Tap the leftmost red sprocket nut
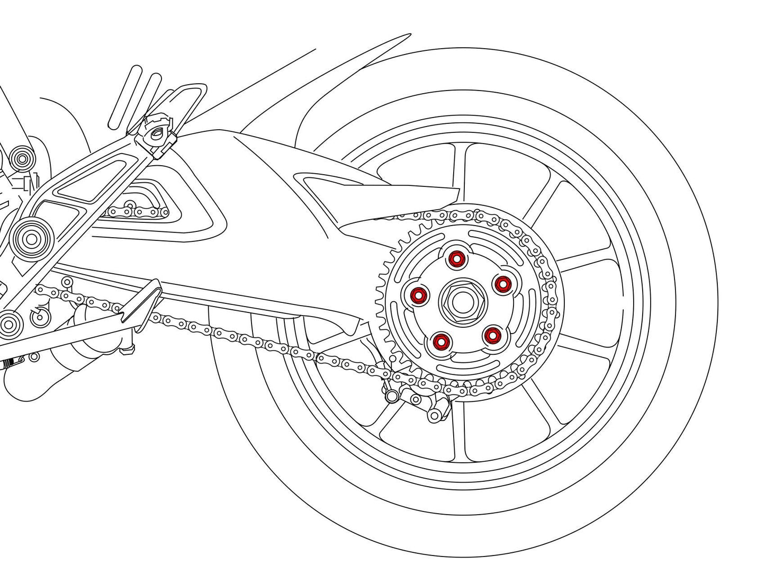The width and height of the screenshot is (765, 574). (x=419, y=294)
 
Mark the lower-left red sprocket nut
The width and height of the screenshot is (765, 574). (x=439, y=342)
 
